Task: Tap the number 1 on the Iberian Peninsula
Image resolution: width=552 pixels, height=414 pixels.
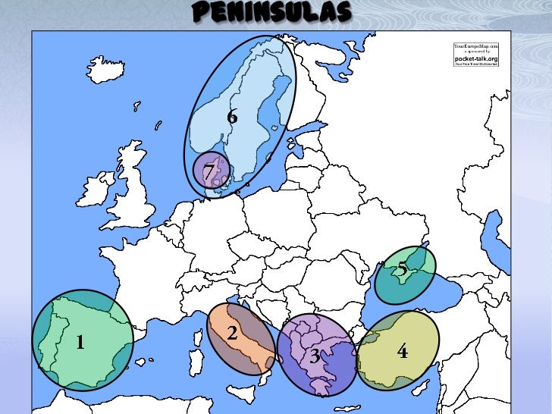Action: pos(80,343)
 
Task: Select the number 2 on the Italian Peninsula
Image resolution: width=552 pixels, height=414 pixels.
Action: pos(233,333)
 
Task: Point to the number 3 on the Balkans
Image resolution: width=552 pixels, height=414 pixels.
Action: pos(314,356)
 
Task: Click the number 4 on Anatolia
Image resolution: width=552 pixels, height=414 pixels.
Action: pos(403,351)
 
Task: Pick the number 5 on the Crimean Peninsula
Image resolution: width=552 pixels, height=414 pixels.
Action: pos(403,268)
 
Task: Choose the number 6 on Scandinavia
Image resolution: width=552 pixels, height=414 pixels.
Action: pos(232,117)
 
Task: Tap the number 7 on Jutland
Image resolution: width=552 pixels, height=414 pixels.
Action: pos(209,171)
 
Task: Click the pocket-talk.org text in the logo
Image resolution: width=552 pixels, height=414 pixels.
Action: pos(476,58)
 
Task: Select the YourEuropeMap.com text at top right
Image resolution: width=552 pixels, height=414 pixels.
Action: pos(476,45)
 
